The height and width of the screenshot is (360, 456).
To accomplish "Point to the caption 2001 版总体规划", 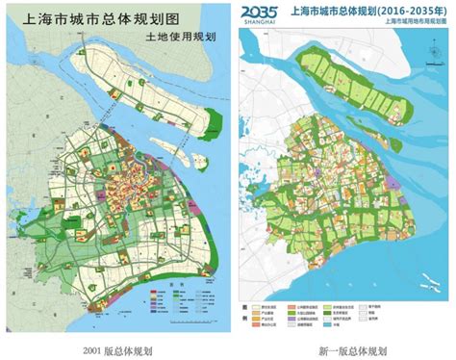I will point(117,348).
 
